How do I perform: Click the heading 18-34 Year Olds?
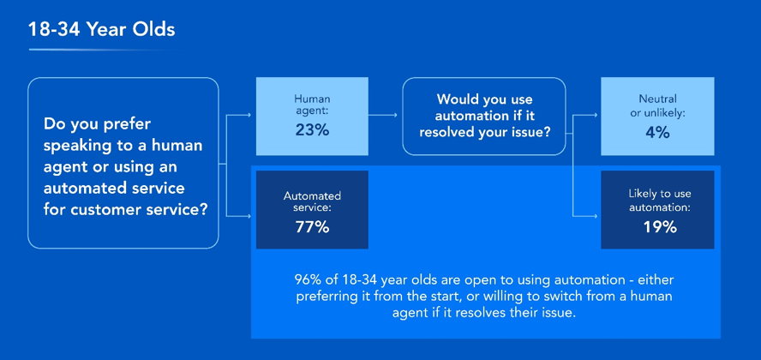pyautogui.click(x=101, y=30)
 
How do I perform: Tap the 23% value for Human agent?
pyautogui.click(x=312, y=131)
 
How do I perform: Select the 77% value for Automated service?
pyautogui.click(x=312, y=226)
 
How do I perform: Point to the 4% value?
pyautogui.click(x=657, y=133)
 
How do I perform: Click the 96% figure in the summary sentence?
pyautogui.click(x=305, y=280)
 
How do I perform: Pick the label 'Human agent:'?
pyautogui.click(x=312, y=105)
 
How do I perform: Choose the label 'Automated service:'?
pyautogui.click(x=312, y=201)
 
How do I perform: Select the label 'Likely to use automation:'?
pyautogui.click(x=660, y=201)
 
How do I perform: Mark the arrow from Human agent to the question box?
pyautogui.click(x=383, y=116)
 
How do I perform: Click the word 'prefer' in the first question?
pyautogui.click(x=127, y=124)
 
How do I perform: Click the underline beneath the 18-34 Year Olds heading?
pyautogui.click(x=104, y=50)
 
